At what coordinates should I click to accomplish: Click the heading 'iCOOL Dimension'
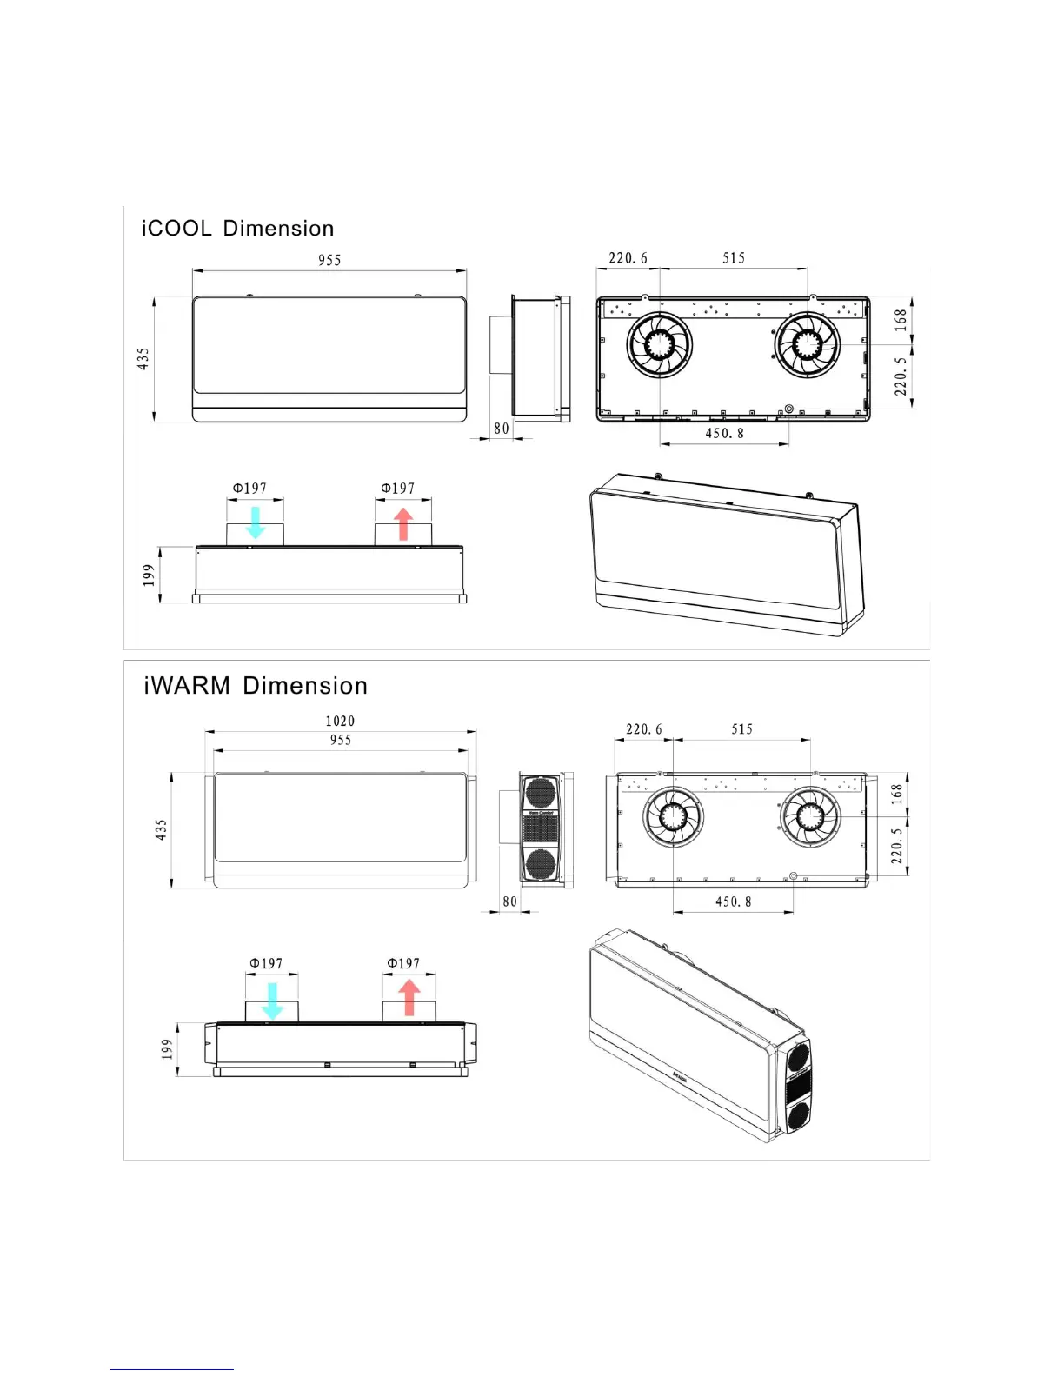pos(237,229)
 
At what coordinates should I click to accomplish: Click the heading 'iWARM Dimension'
pos(256,686)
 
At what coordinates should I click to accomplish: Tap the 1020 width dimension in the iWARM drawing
pos(340,721)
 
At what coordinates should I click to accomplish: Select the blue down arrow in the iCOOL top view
pos(256,522)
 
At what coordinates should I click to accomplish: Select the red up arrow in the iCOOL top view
pos(403,524)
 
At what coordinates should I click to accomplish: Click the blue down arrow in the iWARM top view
pos(272,1001)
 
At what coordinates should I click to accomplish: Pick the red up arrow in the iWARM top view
pos(409,998)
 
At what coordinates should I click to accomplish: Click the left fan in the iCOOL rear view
pos(660,344)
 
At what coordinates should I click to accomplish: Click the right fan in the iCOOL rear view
pos(808,344)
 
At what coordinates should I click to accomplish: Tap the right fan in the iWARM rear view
pos(810,817)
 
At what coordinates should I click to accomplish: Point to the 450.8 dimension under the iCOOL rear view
pos(724,433)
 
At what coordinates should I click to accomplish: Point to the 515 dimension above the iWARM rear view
pos(741,729)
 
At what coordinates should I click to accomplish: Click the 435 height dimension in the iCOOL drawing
pos(143,358)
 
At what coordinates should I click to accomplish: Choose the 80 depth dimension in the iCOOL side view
pos(502,429)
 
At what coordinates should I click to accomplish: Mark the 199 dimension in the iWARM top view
pos(167,1049)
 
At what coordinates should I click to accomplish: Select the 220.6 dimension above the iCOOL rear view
pos(628,258)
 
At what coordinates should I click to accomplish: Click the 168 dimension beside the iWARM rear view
pos(897,793)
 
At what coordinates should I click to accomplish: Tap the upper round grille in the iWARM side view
pos(540,793)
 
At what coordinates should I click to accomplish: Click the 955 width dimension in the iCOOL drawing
pos(329,260)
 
